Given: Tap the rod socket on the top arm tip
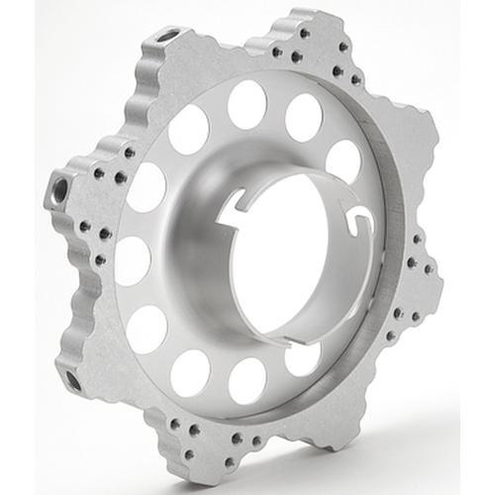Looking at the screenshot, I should (168, 37).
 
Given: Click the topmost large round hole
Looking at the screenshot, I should (247, 105).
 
